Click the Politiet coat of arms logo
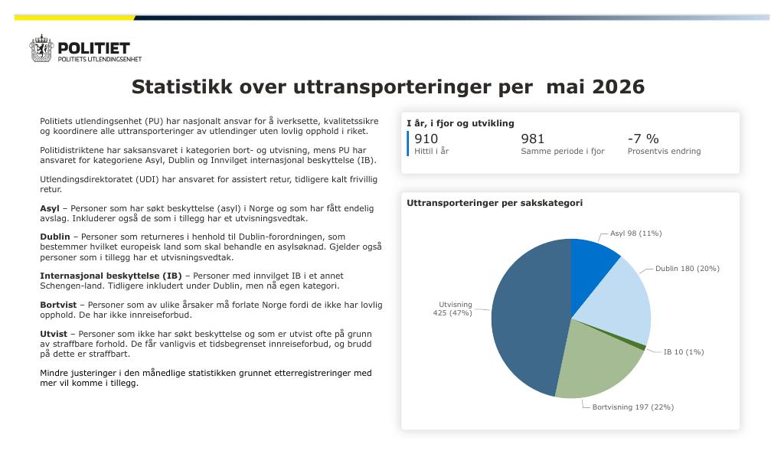tap(41, 48)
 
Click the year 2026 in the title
tap(618, 87)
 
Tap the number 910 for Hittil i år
tap(426, 139)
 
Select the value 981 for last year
tap(533, 139)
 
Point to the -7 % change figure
tap(643, 139)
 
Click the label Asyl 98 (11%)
tap(635, 234)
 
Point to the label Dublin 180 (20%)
tap(688, 269)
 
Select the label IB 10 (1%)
tap(684, 352)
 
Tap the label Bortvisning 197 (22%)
tap(633, 407)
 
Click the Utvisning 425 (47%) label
tap(452, 309)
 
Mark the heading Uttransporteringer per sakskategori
tap(495, 203)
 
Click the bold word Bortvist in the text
tap(58, 305)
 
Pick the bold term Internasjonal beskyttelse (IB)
tap(111, 276)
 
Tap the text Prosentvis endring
tap(664, 151)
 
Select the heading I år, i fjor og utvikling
tap(460, 123)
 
